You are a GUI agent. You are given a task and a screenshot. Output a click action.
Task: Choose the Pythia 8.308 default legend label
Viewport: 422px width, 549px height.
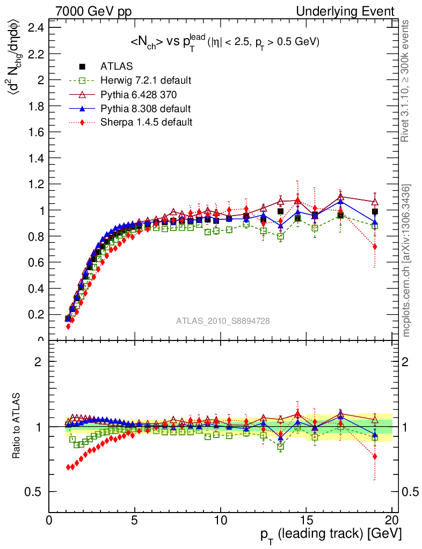(x=145, y=108)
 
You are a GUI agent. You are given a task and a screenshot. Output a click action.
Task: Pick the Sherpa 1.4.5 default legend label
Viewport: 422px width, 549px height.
(x=146, y=122)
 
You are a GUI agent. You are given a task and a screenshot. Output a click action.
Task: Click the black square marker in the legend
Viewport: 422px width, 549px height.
(x=83, y=66)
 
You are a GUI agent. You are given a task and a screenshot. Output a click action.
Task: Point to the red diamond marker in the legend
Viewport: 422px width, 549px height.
(x=83, y=122)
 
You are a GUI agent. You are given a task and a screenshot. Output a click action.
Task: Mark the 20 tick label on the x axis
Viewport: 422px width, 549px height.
(x=391, y=520)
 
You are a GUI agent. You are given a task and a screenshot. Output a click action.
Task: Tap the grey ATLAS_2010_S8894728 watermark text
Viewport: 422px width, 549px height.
(x=223, y=321)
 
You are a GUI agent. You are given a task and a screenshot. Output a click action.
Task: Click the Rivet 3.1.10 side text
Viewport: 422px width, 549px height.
(x=405, y=81)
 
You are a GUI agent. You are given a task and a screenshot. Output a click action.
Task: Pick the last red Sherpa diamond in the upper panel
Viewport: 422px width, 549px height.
(x=375, y=247)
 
